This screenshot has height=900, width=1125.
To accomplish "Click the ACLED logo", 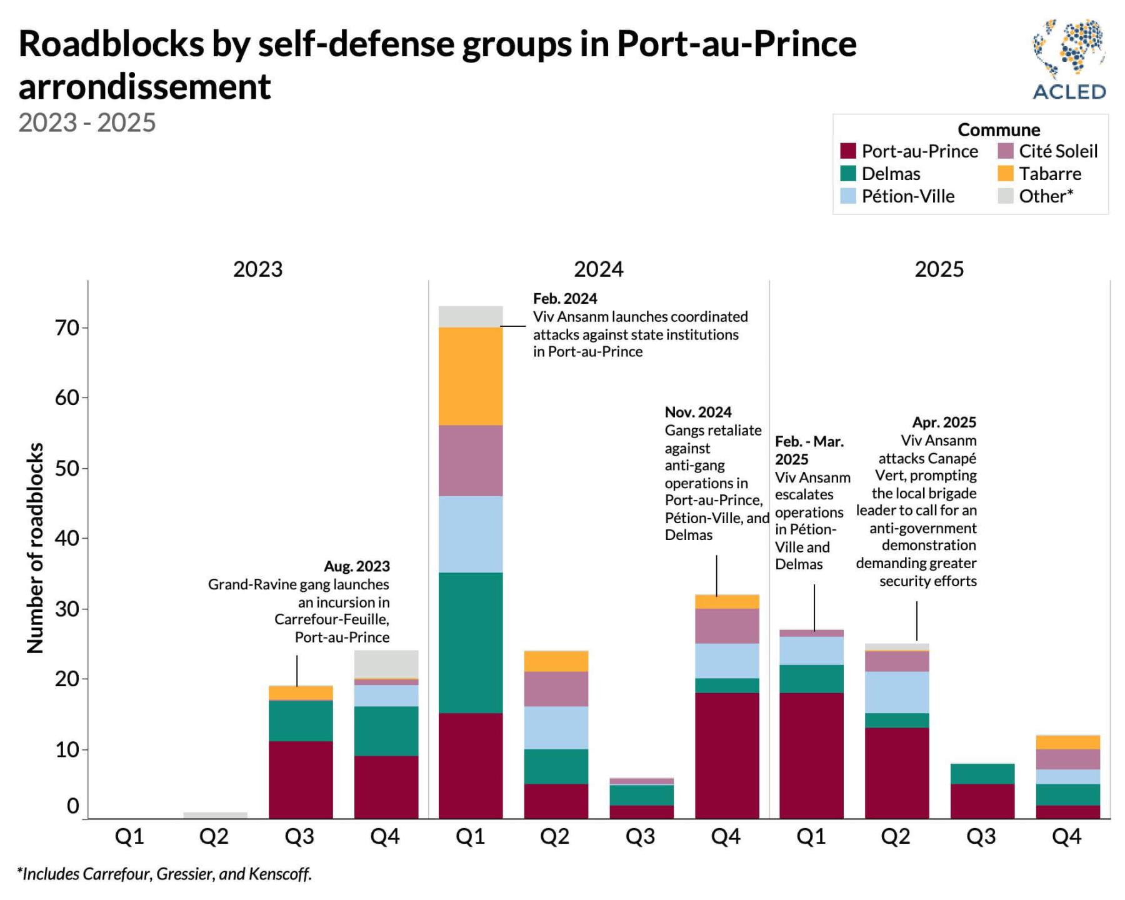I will [x=1069, y=59].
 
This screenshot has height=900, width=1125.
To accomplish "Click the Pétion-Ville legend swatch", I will [x=848, y=196].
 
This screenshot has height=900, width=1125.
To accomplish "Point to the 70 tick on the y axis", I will [x=67, y=327].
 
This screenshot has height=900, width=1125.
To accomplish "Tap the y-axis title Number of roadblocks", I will [x=36, y=547].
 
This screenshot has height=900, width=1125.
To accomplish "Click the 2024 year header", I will [x=598, y=269].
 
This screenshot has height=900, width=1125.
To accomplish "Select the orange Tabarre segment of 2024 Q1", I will [x=471, y=376].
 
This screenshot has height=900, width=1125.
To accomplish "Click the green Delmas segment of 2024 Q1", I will [x=471, y=642].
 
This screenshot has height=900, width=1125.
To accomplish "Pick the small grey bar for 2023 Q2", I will [x=215, y=815].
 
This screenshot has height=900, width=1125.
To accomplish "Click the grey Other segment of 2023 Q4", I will [x=386, y=664].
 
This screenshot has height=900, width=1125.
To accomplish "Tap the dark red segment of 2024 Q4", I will [x=727, y=755].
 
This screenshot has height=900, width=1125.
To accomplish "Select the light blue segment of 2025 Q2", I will [x=897, y=692].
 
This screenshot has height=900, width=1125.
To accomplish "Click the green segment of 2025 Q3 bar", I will [x=982, y=774].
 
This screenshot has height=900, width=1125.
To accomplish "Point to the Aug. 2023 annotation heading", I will [x=356, y=566].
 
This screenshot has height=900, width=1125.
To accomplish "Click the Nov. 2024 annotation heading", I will [x=698, y=412].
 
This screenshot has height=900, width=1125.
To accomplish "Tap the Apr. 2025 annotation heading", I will [x=944, y=422].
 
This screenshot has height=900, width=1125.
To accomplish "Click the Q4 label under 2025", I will [x=1066, y=836].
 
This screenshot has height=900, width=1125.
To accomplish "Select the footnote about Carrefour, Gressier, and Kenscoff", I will [x=164, y=874].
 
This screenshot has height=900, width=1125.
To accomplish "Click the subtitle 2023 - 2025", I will [x=87, y=122].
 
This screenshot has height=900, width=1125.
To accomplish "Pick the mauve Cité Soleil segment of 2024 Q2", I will [x=556, y=689].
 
